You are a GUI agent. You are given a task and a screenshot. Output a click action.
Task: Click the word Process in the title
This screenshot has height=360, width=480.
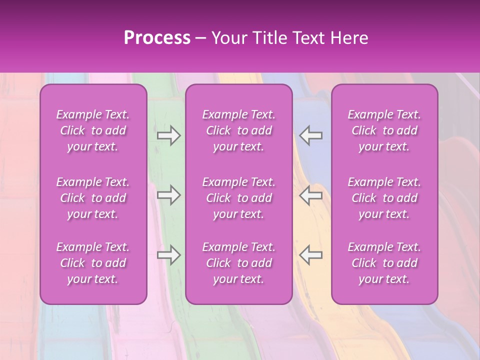pos(157,38)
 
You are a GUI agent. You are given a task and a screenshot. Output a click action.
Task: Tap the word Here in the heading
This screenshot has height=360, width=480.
pos(349,38)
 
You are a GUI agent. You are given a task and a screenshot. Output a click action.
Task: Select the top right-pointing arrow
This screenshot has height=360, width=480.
pos(169,135)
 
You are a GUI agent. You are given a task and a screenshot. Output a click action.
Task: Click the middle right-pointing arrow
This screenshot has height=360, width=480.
pos(169,195)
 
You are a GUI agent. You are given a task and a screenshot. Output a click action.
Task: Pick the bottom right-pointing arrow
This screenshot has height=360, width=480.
pos(169,255)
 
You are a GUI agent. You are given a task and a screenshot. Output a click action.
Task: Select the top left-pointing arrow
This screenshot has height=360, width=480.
pos(311,135)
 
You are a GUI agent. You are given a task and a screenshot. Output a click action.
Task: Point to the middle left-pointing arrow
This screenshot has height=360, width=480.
pos(311,195)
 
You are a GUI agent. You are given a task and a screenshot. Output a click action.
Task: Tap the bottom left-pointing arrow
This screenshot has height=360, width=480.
pos(311,255)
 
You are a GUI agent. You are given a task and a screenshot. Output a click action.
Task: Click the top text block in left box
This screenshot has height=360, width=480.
pos(93,130)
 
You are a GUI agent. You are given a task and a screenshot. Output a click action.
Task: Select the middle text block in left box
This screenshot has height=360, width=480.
pos(93,198)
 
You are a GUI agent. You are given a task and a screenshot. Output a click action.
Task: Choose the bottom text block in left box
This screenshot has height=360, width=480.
pos(93,263)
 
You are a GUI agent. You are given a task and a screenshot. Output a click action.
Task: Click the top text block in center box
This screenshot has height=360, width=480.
pos(239,130)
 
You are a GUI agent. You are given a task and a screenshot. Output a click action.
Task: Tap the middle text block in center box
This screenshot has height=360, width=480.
pos(239,198)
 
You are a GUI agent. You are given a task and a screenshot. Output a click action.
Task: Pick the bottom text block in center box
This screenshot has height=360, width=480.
pos(239,263)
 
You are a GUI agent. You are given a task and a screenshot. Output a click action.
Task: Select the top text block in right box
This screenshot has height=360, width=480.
pos(384,130)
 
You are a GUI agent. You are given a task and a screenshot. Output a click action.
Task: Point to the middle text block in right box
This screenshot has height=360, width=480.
pos(384,198)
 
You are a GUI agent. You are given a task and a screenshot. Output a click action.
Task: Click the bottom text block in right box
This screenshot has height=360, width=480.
pos(384,263)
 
